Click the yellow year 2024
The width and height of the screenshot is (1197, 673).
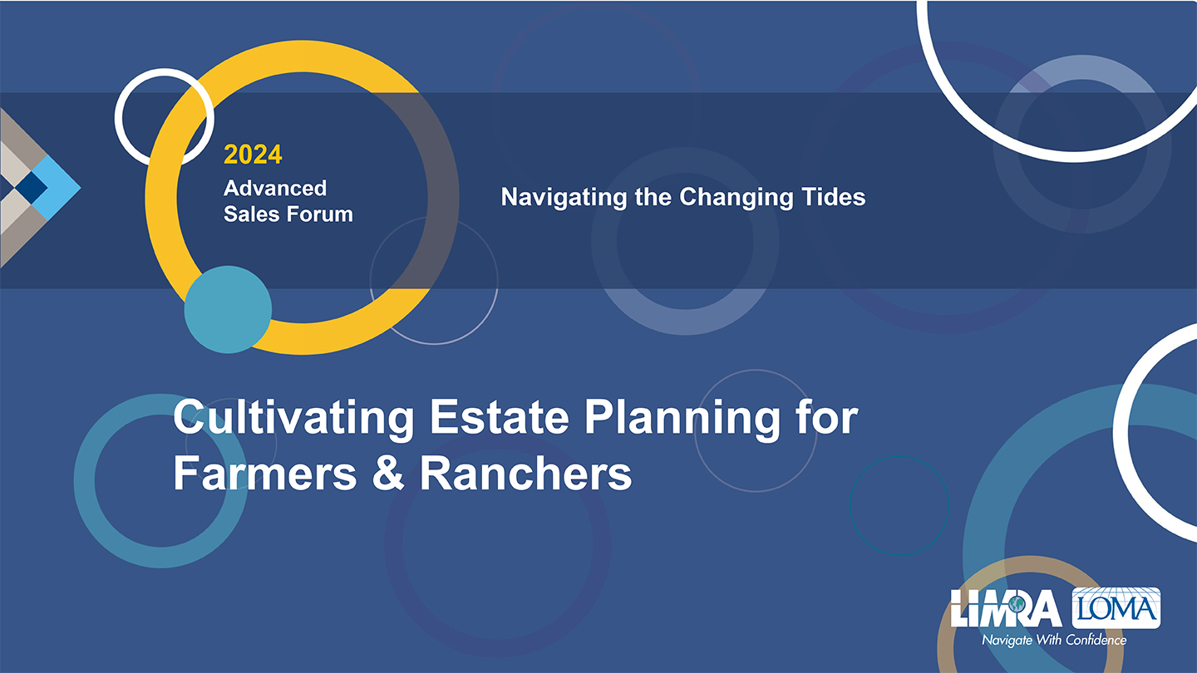coord(253,155)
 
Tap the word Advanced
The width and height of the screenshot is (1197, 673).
coord(275,188)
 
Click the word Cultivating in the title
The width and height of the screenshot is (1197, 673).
coord(294,418)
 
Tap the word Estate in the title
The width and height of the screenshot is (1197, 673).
coord(500,417)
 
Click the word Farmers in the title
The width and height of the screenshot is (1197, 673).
coord(265,474)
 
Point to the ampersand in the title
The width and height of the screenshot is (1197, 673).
coord(388,473)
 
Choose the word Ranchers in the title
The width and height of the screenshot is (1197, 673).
coord(526,474)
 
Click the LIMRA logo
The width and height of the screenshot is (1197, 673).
coord(1007,608)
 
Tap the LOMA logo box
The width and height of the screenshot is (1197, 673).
coord(1116,608)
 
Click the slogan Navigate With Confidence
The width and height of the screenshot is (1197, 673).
coord(1054,640)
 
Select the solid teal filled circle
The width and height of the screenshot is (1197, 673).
coord(228,310)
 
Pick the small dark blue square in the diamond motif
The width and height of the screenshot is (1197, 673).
coord(31,188)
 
